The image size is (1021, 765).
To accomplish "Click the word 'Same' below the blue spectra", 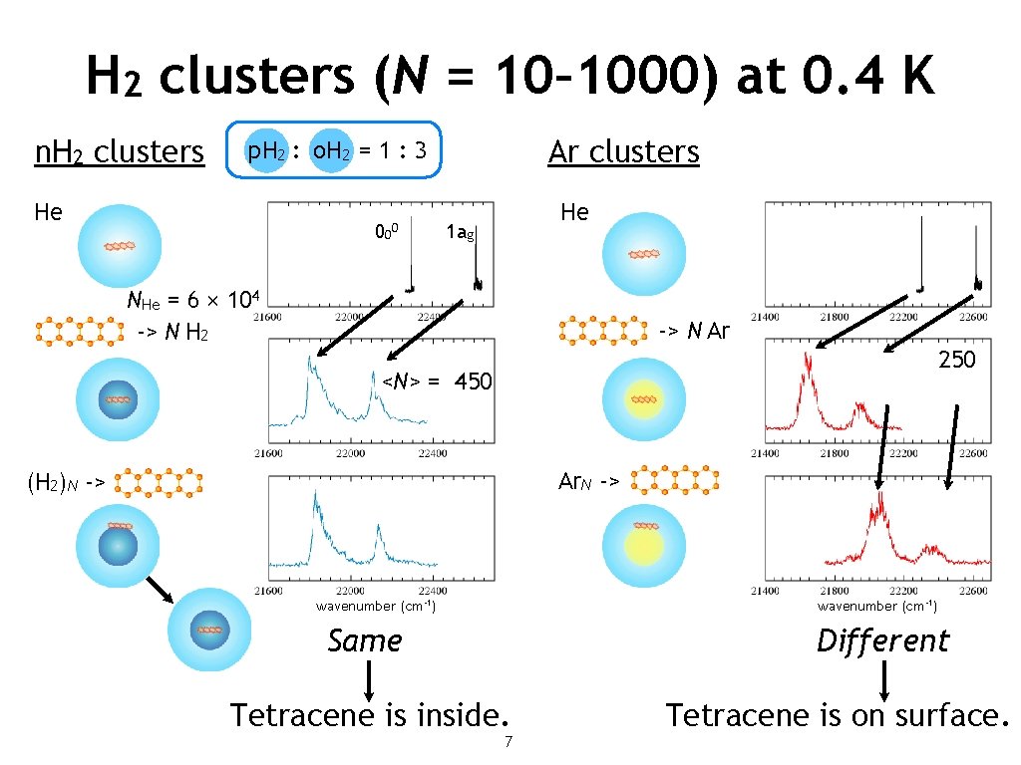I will [x=365, y=640].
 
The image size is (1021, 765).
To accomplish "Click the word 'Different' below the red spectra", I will [x=882, y=640].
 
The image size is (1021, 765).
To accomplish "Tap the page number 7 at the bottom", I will [x=509, y=741].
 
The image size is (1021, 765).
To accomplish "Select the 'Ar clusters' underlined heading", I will [x=623, y=151].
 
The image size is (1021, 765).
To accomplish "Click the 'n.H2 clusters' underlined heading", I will [x=118, y=151].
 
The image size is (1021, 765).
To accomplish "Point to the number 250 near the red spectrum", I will [x=956, y=360].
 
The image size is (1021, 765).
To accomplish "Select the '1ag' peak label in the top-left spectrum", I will [x=461, y=232].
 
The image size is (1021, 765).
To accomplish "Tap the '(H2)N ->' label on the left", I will [x=66, y=484].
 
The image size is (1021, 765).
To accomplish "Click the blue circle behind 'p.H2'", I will [x=265, y=151].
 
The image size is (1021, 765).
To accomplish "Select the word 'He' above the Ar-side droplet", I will [x=574, y=212].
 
